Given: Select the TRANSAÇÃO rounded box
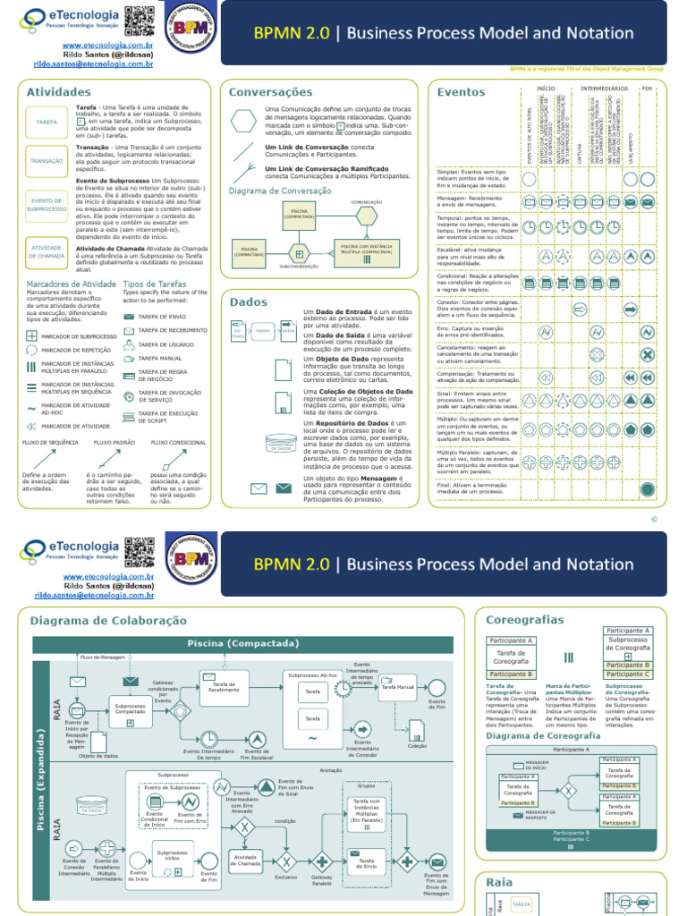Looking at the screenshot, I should tap(47, 161).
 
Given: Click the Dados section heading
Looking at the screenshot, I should tap(248, 301).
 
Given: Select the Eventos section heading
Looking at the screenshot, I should tap(461, 91).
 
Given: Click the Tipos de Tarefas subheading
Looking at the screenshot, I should tap(154, 284).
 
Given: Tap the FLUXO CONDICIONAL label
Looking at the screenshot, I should tap(178, 442).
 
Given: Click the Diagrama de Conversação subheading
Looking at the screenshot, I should tap(280, 191).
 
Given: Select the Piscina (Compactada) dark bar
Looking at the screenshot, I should tap(242, 643).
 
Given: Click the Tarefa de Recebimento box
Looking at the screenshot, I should tap(224, 687).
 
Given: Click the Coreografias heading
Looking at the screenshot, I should tap(525, 619).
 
